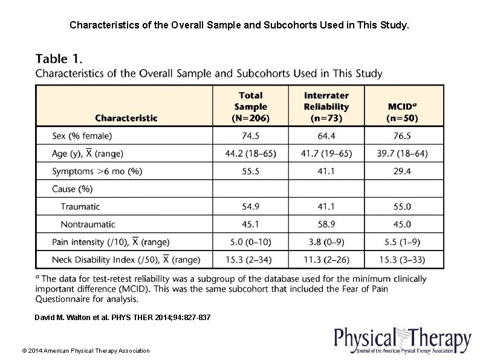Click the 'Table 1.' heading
click(59, 59)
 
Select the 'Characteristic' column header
click(126, 118)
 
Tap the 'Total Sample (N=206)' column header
click(250, 106)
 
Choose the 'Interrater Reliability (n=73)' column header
click(326, 106)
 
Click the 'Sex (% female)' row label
click(82, 136)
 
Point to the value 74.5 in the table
click(250, 136)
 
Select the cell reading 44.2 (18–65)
click(250, 154)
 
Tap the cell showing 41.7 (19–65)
click(326, 154)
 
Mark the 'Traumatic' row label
click(80, 207)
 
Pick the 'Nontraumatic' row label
click(88, 224)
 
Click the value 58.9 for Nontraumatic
click(326, 224)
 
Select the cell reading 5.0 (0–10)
click(250, 242)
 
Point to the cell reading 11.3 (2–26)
click(326, 260)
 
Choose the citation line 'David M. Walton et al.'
click(123, 317)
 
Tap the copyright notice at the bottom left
click(85, 350)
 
